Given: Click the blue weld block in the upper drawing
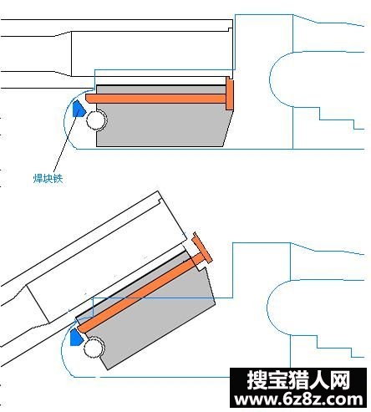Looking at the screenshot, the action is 79,109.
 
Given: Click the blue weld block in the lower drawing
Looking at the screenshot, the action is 76,338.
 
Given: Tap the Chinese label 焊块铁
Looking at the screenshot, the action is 48,178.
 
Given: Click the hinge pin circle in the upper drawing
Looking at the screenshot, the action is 96,120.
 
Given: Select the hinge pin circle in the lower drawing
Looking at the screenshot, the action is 94,347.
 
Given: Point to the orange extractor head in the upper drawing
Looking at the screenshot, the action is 230,94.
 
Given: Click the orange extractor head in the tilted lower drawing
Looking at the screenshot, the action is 203,247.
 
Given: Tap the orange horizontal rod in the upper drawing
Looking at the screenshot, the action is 156,99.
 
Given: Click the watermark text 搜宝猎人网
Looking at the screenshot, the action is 298,379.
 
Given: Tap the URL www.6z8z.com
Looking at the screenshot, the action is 298,399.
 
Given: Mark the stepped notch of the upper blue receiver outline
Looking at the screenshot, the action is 337,120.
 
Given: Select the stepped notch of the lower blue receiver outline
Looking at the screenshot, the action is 334,348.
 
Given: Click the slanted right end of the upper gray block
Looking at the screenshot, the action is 228,128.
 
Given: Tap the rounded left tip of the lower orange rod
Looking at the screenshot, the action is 79,328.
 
